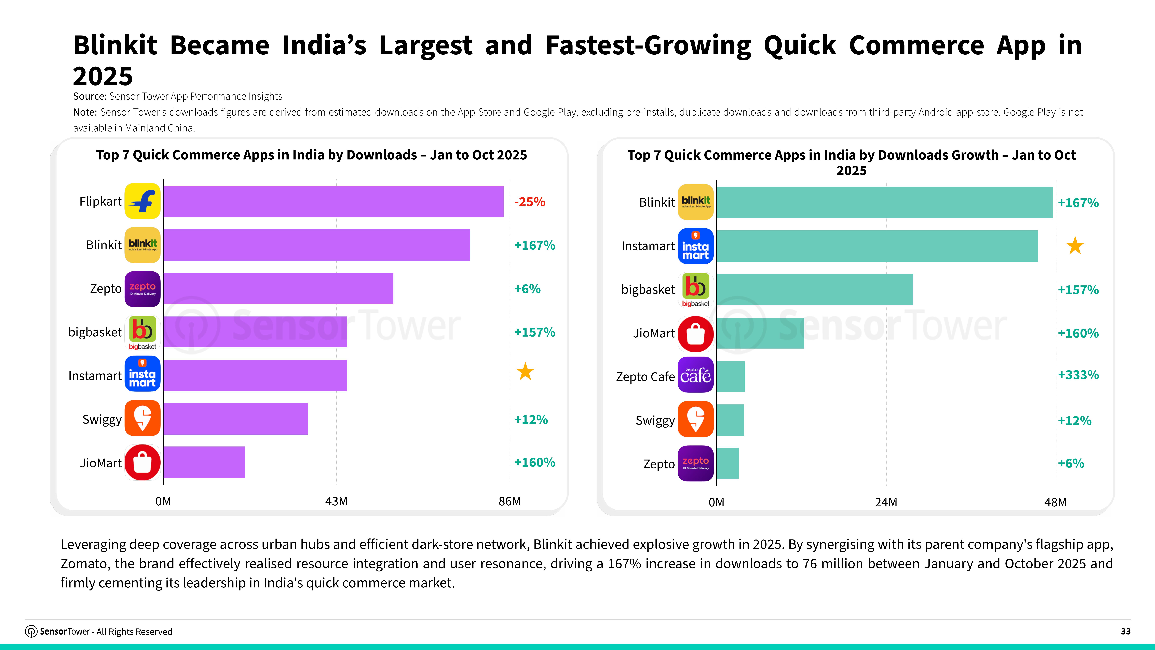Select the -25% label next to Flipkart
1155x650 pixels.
click(530, 202)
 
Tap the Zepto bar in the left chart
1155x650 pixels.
click(278, 288)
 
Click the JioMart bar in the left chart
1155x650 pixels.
click(204, 462)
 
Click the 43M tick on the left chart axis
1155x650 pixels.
click(336, 501)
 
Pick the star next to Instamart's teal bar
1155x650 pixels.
click(1075, 246)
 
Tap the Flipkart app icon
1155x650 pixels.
click(142, 201)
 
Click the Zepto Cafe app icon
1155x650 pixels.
click(695, 375)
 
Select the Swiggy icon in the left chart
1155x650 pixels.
click(142, 418)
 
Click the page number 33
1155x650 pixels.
click(1125, 631)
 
